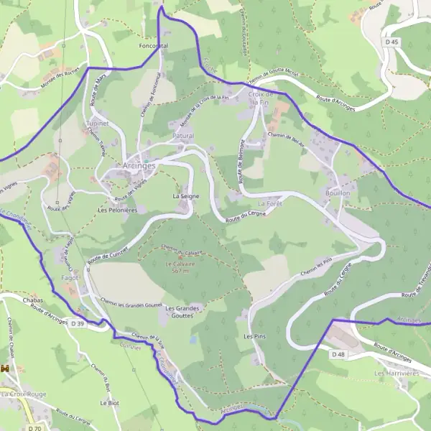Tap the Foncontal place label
(x=153, y=45)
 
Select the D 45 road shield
(x=391, y=42)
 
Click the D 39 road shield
(x=78, y=324)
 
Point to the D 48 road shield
(x=338, y=354)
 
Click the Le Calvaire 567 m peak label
(x=175, y=267)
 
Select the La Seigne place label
(x=185, y=195)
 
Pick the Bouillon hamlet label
(x=337, y=193)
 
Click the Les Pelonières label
(x=117, y=210)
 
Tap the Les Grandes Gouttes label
(x=182, y=312)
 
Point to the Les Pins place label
(x=255, y=336)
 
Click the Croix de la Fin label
(x=261, y=98)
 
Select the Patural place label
(x=183, y=135)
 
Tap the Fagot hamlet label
(x=70, y=277)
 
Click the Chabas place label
(x=33, y=299)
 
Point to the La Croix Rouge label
(x=23, y=394)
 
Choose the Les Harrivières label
(x=396, y=374)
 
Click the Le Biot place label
(x=109, y=403)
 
